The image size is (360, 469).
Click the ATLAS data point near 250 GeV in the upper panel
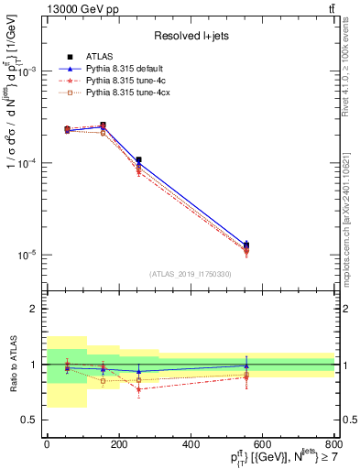138,160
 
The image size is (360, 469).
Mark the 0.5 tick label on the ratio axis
29,420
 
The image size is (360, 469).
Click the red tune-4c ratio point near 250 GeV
138,389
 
